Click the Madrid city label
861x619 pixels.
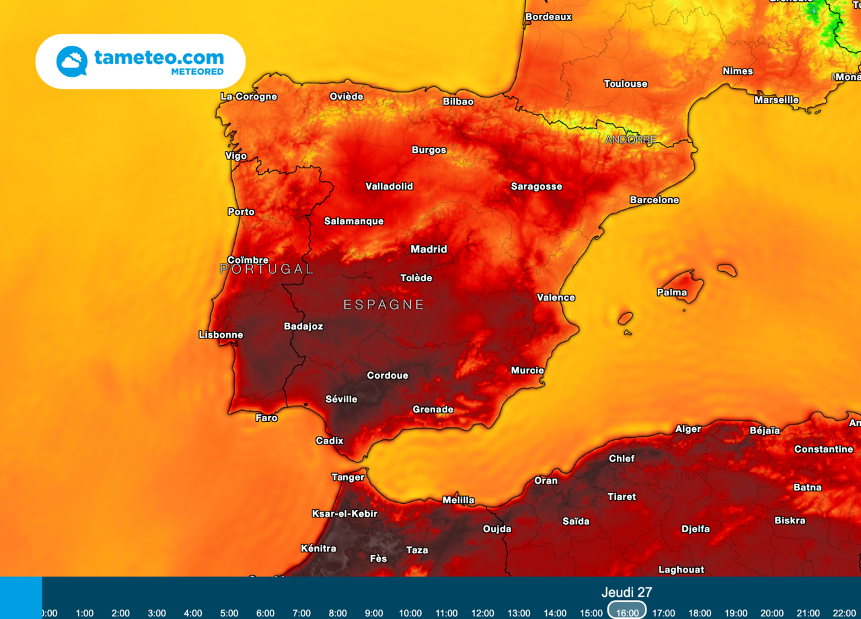coord(428,249)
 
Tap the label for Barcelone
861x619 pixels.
coord(654,200)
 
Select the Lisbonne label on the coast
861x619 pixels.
coord(221,334)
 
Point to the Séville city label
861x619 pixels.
coord(341,399)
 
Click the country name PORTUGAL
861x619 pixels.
coord(266,269)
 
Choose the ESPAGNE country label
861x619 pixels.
coord(383,305)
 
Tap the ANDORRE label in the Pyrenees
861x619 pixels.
coord(630,140)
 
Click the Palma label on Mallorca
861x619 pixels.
coord(671,292)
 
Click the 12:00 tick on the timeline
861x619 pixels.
coord(482,613)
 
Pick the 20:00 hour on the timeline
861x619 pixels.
coord(772,613)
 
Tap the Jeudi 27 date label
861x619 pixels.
coord(626,592)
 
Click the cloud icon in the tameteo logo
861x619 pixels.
coord(71,61)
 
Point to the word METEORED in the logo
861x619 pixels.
coord(196,71)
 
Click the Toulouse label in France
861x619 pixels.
coord(626,83)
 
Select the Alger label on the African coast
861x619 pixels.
coord(687,429)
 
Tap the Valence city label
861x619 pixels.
coord(556,297)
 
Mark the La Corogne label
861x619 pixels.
coord(248,96)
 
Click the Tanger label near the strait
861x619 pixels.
coord(348,477)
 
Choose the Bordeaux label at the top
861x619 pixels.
coord(548,16)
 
